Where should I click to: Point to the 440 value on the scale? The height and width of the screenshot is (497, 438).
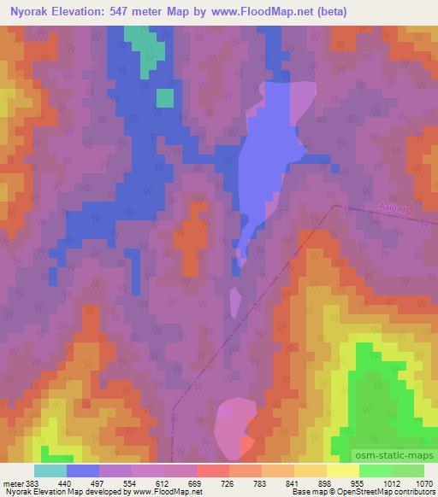point(65,483)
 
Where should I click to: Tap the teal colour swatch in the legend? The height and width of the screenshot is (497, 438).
point(50,471)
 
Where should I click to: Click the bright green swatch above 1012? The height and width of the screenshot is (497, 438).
point(376,471)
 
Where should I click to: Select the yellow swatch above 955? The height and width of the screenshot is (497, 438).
point(343,471)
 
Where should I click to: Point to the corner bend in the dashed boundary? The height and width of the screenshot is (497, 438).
point(334,205)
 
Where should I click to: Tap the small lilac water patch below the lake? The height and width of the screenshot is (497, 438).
point(235,302)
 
